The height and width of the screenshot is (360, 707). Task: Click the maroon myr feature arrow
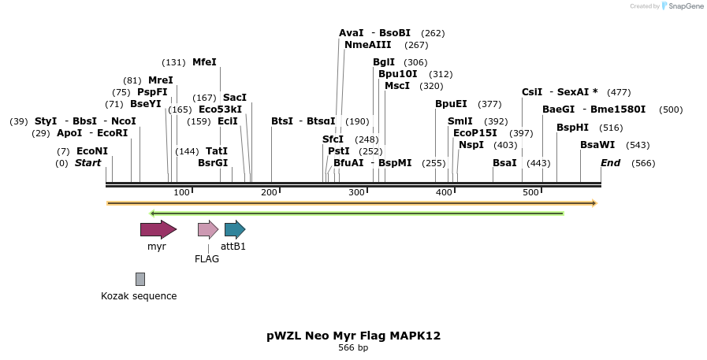click(158, 229)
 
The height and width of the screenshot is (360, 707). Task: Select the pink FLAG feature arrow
click(207, 229)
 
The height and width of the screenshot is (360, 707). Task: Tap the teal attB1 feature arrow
click(234, 229)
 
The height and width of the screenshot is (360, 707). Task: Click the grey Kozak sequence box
click(140, 279)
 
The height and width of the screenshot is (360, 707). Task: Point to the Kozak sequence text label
click(139, 296)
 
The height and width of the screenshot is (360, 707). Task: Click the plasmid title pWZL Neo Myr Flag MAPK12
click(353, 336)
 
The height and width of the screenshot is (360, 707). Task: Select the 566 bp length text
click(353, 347)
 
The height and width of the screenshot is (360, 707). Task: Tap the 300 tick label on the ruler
click(356, 193)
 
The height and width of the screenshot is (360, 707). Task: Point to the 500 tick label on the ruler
click(530, 193)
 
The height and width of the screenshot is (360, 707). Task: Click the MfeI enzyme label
click(204, 62)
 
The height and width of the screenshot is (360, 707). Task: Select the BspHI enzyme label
click(572, 128)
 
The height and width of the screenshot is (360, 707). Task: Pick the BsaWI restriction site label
click(597, 145)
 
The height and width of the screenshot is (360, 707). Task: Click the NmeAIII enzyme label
click(367, 45)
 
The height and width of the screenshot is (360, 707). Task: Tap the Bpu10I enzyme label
click(398, 74)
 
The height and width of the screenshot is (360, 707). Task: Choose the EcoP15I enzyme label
click(475, 133)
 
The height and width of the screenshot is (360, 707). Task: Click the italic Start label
click(88, 163)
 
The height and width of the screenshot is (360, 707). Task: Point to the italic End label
click(610, 163)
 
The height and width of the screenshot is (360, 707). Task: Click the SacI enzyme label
click(235, 98)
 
